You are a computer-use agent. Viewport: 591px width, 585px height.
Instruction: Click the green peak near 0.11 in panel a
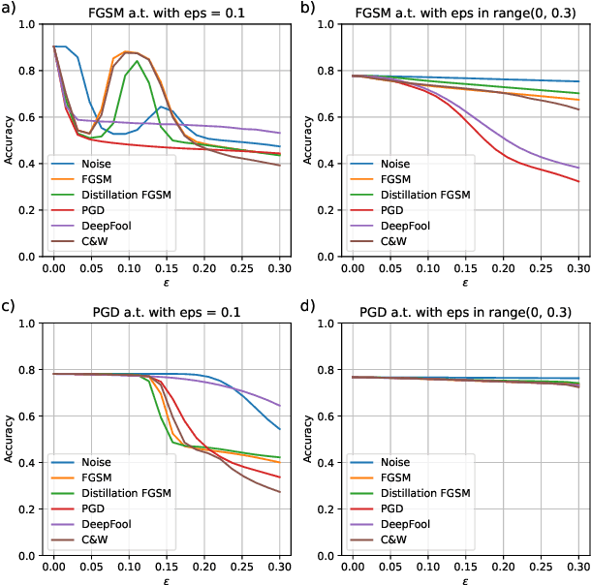[137, 60]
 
